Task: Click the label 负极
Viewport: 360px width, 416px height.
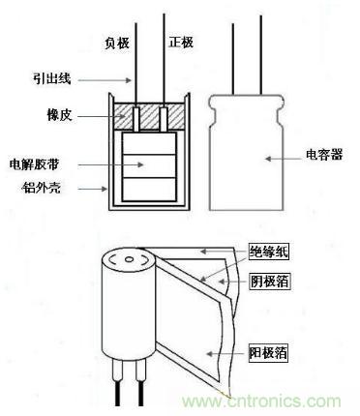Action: (117, 44)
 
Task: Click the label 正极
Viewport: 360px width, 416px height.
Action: (181, 43)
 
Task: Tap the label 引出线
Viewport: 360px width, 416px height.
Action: (51, 78)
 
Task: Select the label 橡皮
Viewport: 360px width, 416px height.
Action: (59, 115)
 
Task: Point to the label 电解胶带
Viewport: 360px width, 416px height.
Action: (35, 164)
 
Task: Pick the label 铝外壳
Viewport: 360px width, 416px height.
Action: (41, 187)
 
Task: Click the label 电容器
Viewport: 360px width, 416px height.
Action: (324, 155)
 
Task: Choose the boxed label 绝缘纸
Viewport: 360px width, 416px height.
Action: (268, 253)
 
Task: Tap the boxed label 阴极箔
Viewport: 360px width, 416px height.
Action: (269, 282)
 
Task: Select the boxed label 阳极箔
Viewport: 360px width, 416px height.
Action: (268, 353)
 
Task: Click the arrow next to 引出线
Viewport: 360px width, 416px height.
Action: (105, 79)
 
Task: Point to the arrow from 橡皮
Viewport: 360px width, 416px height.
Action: (97, 116)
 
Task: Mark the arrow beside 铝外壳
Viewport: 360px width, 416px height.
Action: (93, 189)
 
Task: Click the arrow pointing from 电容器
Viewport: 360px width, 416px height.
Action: (284, 159)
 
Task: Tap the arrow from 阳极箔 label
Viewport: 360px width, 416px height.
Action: (227, 354)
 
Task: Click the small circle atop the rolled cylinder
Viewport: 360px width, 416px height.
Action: (129, 259)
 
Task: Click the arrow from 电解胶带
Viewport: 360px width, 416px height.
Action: (110, 164)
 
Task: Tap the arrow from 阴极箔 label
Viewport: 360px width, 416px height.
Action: (233, 282)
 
